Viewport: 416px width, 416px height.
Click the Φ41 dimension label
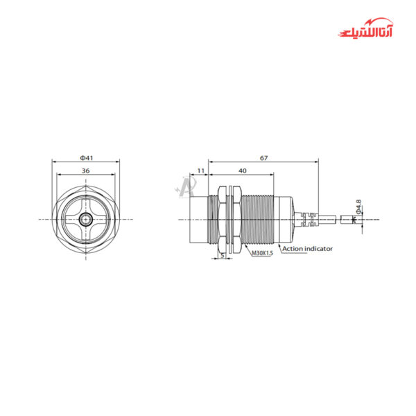pyautogui.click(x=85, y=158)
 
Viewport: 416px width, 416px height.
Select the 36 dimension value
pyautogui.click(x=85, y=170)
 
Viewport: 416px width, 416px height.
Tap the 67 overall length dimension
pyautogui.click(x=263, y=158)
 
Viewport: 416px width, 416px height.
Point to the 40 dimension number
pyautogui.click(x=242, y=170)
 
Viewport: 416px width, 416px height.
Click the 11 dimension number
pyautogui.click(x=200, y=170)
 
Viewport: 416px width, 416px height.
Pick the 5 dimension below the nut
pyautogui.click(x=222, y=254)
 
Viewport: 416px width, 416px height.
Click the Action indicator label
pyautogui.click(x=306, y=248)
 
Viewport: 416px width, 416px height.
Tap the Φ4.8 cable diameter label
pyautogui.click(x=358, y=207)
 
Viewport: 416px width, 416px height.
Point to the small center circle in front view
pyautogui.click(x=85, y=220)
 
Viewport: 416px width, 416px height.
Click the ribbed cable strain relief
pyautogui.click(x=307, y=220)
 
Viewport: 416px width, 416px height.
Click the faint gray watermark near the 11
pyautogui.click(x=186, y=186)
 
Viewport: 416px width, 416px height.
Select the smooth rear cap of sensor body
pyautogui.click(x=286, y=220)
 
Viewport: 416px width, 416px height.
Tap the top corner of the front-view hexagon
pyautogui.click(x=85, y=184)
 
